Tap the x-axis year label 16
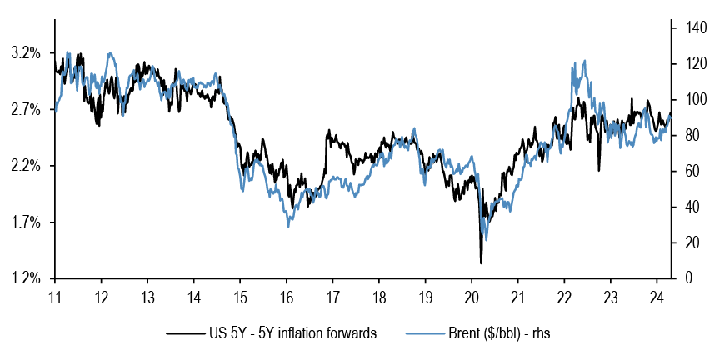(286, 297)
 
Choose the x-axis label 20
(471, 297)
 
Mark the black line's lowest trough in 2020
(481, 263)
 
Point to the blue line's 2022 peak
(585, 61)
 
